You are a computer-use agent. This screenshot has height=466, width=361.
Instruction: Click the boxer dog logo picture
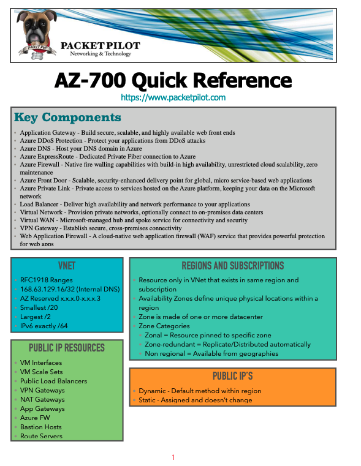point(37,36)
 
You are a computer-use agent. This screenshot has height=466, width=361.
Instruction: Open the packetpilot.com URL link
point(173,97)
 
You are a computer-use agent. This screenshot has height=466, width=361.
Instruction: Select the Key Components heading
point(67,117)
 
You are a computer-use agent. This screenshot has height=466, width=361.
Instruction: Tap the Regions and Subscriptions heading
point(232,266)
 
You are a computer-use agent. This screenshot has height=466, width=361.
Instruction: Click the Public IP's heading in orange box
point(232,376)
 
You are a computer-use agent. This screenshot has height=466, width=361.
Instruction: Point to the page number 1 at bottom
point(173,457)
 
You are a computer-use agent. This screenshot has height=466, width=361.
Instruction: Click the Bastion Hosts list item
point(40,427)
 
